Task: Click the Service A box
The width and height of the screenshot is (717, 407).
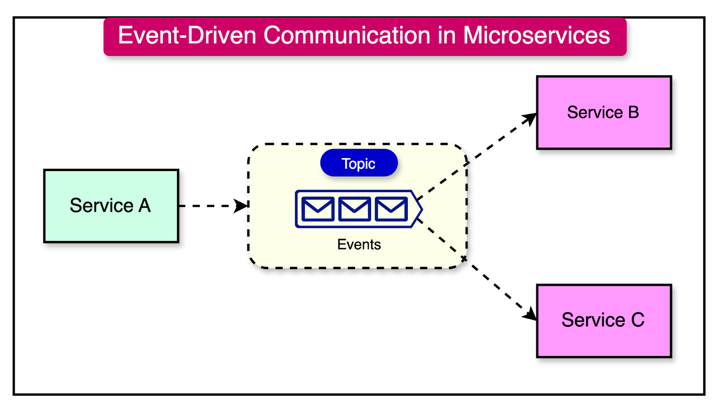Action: click(111, 206)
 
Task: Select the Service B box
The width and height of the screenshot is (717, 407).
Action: click(604, 112)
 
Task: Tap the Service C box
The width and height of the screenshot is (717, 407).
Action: click(604, 321)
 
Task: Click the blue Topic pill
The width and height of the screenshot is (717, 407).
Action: click(358, 163)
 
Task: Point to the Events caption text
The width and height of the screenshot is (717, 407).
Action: click(358, 244)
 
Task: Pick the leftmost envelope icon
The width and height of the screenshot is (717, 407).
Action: click(318, 209)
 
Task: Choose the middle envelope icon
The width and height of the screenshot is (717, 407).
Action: click(354, 209)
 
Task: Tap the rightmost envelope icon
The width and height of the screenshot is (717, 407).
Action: click(391, 209)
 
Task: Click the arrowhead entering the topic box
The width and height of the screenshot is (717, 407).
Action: click(242, 206)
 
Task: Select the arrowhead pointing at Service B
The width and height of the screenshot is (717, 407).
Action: click(531, 118)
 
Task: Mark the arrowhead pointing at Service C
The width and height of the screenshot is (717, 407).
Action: click(531, 314)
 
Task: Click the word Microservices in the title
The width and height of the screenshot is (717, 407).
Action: click(536, 35)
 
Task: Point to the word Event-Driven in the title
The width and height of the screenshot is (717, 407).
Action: click(187, 35)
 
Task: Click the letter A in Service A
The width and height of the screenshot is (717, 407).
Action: click(144, 206)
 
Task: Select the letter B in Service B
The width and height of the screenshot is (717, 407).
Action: click(633, 112)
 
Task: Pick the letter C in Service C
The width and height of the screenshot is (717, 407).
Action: click(637, 321)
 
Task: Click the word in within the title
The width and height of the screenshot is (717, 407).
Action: click(446, 35)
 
